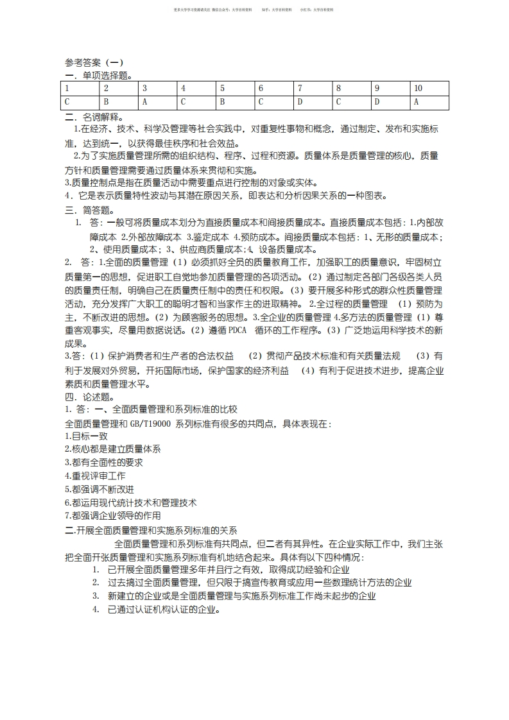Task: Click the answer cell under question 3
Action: pos(159,102)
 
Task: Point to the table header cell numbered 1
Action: pos(82,88)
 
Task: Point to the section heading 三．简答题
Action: pos(91,210)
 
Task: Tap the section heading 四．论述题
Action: pos(91,397)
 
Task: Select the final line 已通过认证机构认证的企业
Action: pos(164,609)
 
